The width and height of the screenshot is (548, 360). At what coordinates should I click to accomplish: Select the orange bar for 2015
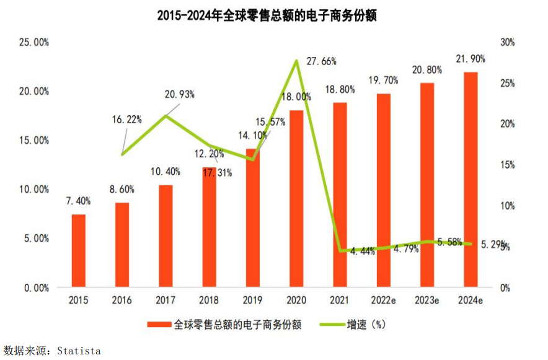coord(79,251)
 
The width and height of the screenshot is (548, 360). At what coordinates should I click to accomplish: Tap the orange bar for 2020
coord(297,199)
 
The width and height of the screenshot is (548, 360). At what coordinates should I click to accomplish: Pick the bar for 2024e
coord(471,180)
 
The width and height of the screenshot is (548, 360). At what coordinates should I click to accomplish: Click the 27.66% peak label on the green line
coord(322,61)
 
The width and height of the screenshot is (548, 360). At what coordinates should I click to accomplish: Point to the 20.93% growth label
coord(180,94)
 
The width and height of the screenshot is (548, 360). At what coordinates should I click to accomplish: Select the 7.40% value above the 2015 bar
coord(79,201)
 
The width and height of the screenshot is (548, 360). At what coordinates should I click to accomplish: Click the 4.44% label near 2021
coord(363,252)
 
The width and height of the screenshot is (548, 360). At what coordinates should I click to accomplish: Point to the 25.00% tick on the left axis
coord(34,42)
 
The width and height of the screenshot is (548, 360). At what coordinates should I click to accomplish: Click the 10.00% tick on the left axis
coord(34,190)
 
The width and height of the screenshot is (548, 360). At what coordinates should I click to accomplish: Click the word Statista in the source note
coord(79,351)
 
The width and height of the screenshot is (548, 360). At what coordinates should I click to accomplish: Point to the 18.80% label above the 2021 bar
coord(340,89)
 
